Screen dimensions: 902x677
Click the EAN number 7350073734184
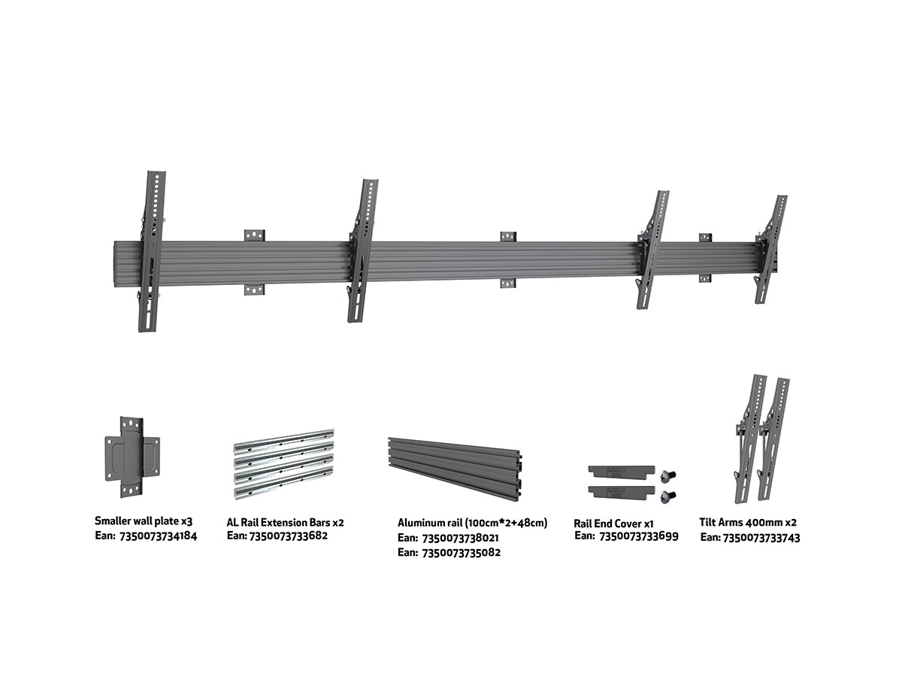[158, 536]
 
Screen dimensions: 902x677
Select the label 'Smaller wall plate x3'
[144, 521]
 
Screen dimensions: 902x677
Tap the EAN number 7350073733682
[289, 536]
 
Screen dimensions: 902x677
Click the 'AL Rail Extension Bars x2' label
[285, 523]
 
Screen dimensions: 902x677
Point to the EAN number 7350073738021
[461, 538]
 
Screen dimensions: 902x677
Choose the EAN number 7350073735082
[461, 552]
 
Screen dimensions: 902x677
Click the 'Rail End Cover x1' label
[613, 524]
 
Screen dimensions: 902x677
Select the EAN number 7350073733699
[639, 536]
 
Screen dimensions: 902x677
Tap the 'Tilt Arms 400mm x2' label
[748, 523]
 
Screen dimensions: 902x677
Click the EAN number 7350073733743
[761, 538]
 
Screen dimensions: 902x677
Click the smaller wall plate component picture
[132, 457]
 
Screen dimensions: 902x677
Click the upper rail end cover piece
[621, 472]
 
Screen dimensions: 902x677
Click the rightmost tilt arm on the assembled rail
[770, 250]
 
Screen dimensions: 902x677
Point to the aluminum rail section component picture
[455, 468]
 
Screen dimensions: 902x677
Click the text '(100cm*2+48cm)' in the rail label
[507, 523]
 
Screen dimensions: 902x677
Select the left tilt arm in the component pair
[750, 439]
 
